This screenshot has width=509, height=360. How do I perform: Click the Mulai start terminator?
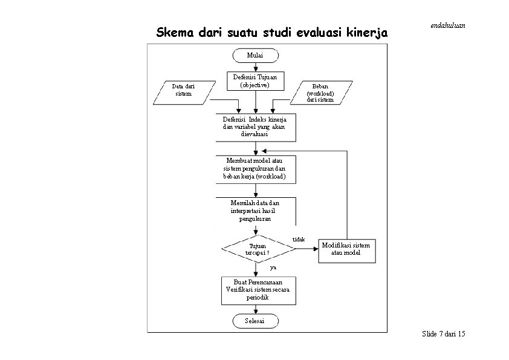(256, 56)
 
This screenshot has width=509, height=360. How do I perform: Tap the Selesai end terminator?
(256, 321)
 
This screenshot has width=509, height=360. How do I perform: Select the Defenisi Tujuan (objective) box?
(256, 81)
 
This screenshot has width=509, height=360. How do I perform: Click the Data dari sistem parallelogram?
(184, 93)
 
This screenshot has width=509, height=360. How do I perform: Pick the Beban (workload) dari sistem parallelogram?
(321, 93)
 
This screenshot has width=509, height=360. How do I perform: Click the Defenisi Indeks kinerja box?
(256, 128)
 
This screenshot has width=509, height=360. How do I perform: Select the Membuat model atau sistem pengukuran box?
(256, 169)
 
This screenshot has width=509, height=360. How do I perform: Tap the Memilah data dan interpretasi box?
(256, 211)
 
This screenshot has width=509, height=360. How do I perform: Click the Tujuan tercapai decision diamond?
(258, 249)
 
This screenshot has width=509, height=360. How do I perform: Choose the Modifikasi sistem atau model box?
(347, 251)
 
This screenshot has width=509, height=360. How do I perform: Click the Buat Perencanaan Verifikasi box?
(258, 290)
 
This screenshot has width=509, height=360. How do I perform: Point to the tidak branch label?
(299, 240)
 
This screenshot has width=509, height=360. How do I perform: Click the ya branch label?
(273, 267)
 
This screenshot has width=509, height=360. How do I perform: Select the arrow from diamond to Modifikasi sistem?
(306, 249)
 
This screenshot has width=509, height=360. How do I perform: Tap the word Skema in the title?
(175, 33)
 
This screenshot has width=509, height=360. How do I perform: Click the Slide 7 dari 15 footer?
(444, 334)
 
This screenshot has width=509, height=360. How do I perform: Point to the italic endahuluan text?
(448, 25)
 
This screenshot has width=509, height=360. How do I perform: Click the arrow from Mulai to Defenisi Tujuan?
(256, 67)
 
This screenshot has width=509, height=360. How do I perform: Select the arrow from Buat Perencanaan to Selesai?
(256, 309)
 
